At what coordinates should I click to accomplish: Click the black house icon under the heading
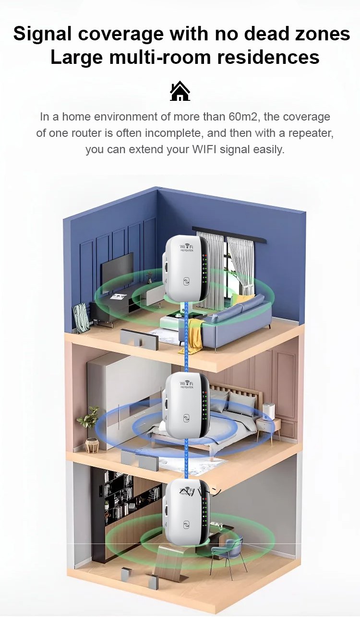[x=180, y=91]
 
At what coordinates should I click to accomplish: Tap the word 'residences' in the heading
[x=268, y=57]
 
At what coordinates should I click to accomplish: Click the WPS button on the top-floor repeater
[x=186, y=282]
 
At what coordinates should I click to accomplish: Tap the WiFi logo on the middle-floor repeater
[x=186, y=383]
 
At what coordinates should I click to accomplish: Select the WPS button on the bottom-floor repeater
[x=186, y=525]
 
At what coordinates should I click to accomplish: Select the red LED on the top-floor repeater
[x=206, y=256]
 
